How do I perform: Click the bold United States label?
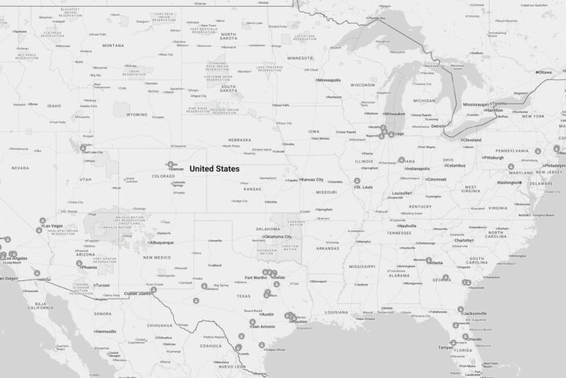coord(215,169)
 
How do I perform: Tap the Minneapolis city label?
coord(329,80)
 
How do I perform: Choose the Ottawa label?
coord(545,72)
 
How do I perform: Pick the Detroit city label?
coord(438,126)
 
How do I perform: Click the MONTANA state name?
coord(113,46)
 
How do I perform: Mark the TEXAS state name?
coord(243,297)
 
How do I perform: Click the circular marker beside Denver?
coord(171,164)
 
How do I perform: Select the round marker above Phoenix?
coord(79,263)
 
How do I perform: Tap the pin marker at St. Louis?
coord(357,181)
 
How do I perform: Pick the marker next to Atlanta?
coord(429,260)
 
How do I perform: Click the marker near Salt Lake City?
coord(83,148)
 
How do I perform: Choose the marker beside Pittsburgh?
coord(501,157)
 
